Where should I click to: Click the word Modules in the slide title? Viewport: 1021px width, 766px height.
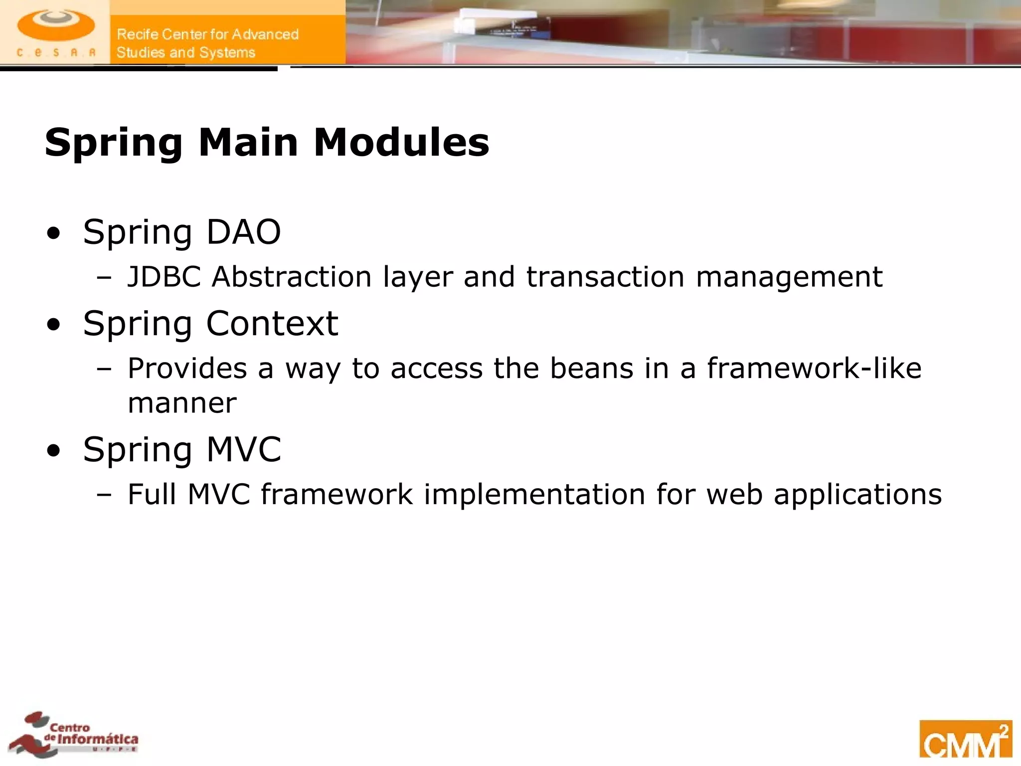click(401, 143)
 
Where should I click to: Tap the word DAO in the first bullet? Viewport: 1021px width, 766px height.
click(243, 232)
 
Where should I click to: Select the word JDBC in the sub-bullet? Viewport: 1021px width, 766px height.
click(164, 277)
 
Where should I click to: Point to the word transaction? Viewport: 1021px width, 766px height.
click(605, 277)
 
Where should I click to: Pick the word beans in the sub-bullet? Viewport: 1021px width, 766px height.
click(591, 369)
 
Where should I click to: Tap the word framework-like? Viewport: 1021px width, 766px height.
click(814, 369)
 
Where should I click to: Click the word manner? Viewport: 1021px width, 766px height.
click(182, 403)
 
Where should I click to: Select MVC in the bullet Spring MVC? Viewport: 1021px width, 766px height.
click(243, 450)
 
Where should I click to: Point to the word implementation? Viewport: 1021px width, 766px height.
click(534, 495)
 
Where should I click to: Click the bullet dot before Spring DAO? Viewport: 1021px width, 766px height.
click(53, 233)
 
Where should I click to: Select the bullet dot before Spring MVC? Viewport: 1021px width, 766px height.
click(53, 451)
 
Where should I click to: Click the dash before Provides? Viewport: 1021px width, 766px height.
click(104, 370)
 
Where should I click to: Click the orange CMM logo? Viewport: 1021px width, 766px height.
click(965, 739)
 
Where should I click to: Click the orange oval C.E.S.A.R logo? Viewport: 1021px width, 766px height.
click(55, 26)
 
